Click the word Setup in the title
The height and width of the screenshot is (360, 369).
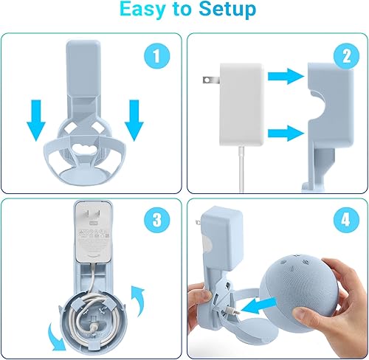[x=226, y=10]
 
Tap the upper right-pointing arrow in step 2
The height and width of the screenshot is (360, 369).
[x=283, y=75]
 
